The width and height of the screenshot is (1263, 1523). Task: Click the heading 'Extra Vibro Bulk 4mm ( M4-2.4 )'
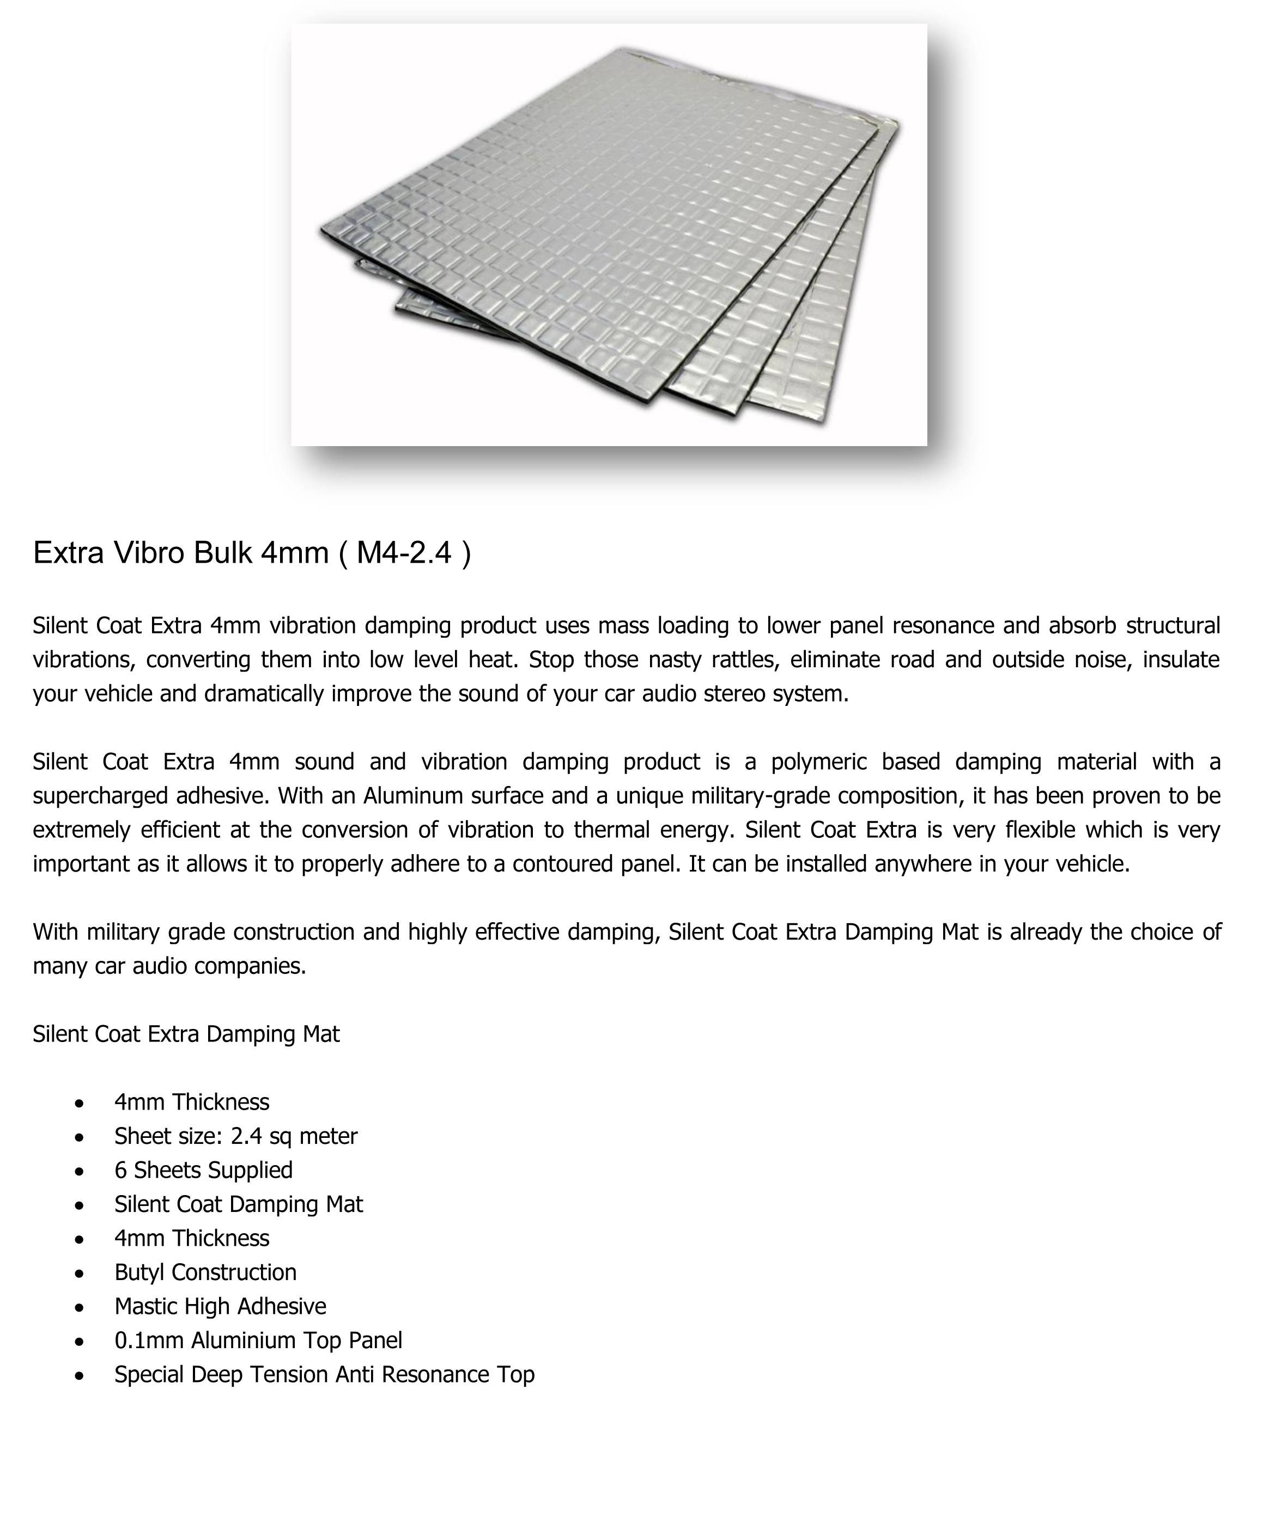tap(252, 553)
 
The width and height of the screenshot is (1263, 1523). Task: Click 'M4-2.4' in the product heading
tap(404, 553)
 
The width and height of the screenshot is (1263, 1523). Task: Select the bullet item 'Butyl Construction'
tap(205, 1272)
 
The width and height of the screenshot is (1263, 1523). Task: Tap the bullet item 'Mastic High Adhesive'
tap(220, 1306)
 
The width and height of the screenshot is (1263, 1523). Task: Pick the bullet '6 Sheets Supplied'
tap(203, 1170)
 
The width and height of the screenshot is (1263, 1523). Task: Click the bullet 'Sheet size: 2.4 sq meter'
tap(236, 1136)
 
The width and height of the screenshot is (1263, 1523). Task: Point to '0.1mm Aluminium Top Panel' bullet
tap(258, 1340)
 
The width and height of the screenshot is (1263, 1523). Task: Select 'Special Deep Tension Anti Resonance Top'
tap(324, 1374)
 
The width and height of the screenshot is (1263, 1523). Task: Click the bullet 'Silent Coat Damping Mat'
tap(238, 1204)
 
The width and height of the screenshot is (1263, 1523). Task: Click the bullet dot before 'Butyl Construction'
tap(79, 1274)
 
